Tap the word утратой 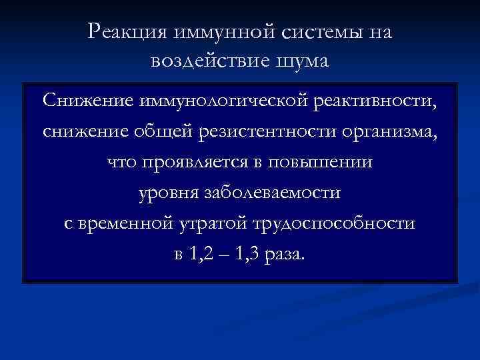click(x=211, y=224)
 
